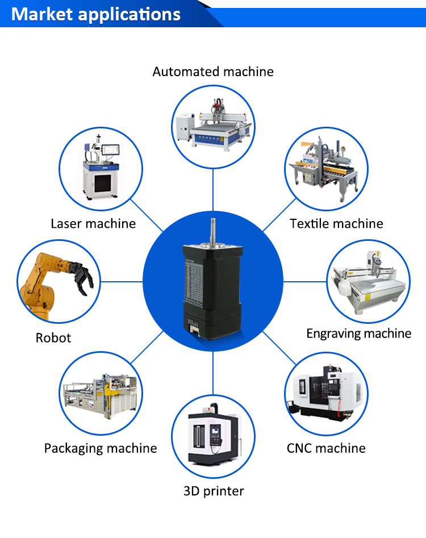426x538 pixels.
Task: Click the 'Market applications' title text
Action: tap(96, 14)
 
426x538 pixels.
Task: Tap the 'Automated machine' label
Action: tap(213, 72)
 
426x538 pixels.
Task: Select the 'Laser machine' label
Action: tap(93, 223)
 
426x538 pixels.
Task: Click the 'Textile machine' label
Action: tap(336, 223)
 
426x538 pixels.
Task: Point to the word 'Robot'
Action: tap(53, 337)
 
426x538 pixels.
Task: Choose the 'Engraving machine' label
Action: tap(358, 333)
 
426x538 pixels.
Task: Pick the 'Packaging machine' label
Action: tap(101, 448)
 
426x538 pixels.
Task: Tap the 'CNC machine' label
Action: tap(326, 448)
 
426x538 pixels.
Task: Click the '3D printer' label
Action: tap(214, 491)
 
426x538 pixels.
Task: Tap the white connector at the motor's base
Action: tap(194, 328)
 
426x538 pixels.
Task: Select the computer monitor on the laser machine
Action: tap(112, 149)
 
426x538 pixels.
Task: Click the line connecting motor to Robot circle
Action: tap(122, 281)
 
